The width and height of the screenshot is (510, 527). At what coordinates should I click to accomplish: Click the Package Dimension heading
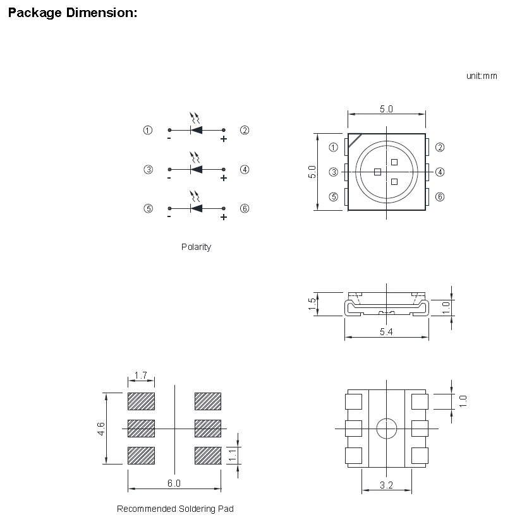point(72,13)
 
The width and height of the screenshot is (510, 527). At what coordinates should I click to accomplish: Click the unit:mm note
point(482,76)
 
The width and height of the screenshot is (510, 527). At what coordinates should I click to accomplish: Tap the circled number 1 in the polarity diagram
point(148,131)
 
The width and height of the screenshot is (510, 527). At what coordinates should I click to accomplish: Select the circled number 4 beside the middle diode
point(245,169)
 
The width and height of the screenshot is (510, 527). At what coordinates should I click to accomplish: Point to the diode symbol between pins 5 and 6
point(197,208)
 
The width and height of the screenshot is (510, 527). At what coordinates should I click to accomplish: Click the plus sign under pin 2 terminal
point(223,139)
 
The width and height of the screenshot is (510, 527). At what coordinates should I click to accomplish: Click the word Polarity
point(196,247)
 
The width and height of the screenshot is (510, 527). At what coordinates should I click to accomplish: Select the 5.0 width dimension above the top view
point(386,109)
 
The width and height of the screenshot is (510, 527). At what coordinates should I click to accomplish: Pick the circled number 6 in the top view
point(440,196)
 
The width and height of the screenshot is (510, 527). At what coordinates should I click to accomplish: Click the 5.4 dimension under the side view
point(386,333)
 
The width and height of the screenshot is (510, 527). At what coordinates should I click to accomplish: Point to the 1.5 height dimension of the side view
point(312,304)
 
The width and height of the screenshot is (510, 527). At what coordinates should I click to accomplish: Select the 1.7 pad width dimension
point(141,376)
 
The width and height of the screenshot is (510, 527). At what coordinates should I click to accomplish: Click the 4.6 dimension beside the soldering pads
point(101,429)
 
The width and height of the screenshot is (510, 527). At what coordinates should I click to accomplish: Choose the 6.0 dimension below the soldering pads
point(174,483)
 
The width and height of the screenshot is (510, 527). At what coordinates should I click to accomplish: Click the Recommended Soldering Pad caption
point(175,509)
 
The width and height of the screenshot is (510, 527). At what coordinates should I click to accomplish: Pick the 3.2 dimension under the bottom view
point(387,485)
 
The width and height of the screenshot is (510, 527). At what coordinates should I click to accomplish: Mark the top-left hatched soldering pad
point(141,401)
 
